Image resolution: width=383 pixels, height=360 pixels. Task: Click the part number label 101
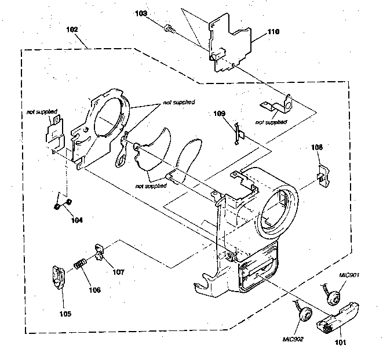340,343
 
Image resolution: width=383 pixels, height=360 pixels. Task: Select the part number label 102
73,29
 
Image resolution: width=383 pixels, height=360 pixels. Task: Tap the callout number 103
141,13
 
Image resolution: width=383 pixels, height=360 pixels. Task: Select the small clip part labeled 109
238,133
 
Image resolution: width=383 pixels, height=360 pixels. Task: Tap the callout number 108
317,148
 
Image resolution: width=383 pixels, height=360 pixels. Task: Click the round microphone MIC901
333,299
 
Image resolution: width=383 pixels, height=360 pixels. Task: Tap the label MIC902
293,339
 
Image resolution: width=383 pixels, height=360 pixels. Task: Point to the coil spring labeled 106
80,268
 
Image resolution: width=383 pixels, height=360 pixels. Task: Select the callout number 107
118,271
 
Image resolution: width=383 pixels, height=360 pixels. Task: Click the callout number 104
76,220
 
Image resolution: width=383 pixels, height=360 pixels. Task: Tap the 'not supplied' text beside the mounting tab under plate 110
271,122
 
